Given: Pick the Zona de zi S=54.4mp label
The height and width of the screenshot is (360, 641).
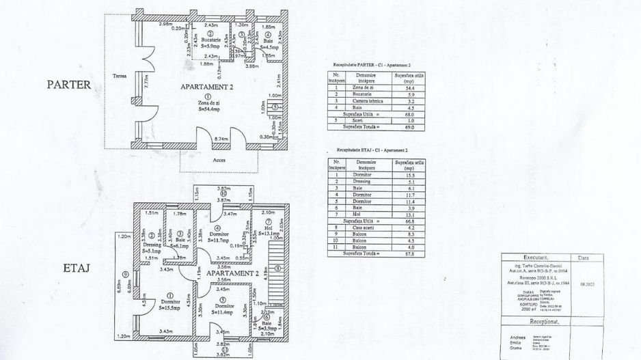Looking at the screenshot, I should (x=203, y=104).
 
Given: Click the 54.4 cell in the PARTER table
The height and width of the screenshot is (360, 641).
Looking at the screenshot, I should (x=411, y=89).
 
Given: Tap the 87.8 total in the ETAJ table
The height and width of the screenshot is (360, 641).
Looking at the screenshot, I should (x=411, y=254).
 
